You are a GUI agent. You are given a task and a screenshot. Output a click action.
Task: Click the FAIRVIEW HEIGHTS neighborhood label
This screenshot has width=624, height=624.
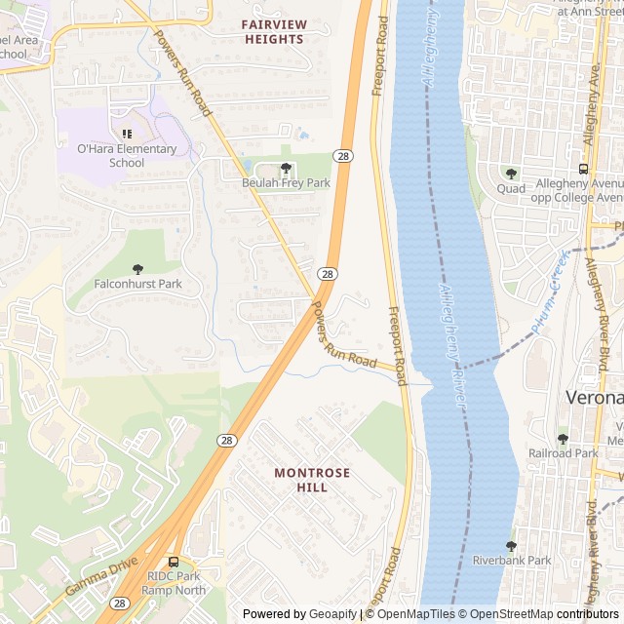(x=273, y=30)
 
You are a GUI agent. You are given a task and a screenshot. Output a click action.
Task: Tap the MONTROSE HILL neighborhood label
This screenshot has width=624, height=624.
(x=311, y=480)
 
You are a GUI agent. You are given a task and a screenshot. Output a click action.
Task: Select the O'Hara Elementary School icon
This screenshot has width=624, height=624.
(x=126, y=134)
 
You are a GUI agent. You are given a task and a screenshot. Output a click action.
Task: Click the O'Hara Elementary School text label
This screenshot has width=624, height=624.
(x=127, y=156)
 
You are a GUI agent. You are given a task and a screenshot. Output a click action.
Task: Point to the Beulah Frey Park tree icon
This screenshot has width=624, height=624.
(x=286, y=168)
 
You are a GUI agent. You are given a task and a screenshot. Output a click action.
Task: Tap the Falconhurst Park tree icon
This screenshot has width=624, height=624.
(x=137, y=269)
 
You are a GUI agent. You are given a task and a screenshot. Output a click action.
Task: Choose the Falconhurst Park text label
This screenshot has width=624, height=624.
(x=137, y=285)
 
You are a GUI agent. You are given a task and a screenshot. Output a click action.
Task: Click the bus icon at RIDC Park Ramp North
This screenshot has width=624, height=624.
(x=174, y=562)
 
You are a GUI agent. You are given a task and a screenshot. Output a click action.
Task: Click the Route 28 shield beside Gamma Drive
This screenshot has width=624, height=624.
(x=119, y=604)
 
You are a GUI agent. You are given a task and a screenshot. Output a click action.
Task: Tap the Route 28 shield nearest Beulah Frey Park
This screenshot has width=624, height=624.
(x=343, y=156)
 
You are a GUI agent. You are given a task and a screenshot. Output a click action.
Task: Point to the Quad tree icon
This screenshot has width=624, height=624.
(x=511, y=174)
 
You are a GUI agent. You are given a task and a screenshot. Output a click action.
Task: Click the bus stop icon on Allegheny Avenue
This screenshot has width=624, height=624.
(x=590, y=169)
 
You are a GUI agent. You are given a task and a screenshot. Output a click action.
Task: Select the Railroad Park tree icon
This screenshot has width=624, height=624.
(x=563, y=439)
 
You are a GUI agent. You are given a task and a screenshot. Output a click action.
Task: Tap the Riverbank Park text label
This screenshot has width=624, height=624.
(x=512, y=561)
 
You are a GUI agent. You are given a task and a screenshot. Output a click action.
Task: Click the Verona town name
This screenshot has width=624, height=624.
(x=595, y=398)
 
